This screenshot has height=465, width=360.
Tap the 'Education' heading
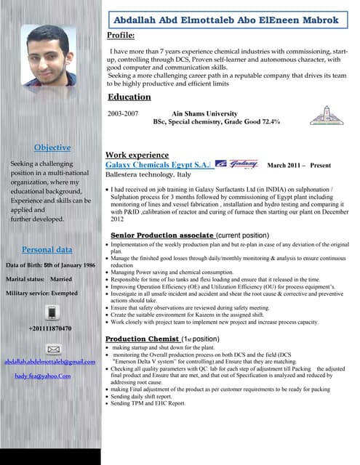[129, 97]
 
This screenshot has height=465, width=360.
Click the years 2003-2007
[122, 114]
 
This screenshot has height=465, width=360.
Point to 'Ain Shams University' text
[204, 114]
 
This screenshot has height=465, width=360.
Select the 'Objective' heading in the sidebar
[52, 147]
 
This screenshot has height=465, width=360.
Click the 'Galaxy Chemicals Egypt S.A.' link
[159, 165]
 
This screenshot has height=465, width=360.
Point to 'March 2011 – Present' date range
[300, 166]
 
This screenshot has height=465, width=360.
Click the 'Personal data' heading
[47, 249]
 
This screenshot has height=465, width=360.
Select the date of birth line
[50, 265]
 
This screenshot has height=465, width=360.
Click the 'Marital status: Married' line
[39, 279]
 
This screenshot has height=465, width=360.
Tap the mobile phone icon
[51, 312]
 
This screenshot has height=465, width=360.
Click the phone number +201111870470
[50, 328]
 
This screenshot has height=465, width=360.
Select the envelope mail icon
[51, 349]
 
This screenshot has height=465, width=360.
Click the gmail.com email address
[50, 362]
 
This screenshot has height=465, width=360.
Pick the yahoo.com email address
[43, 376]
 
